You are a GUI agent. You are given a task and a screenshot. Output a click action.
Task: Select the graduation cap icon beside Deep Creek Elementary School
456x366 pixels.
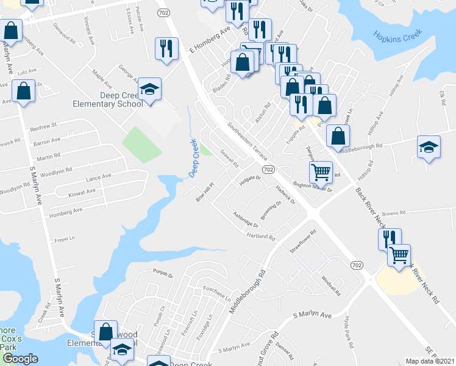point(149,90)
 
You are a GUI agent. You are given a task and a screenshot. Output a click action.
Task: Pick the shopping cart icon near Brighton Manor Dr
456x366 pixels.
point(321,171)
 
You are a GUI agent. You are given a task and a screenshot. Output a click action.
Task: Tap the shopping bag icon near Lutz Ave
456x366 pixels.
point(23,91)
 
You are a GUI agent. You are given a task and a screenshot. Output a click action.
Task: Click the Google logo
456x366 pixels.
point(20,359)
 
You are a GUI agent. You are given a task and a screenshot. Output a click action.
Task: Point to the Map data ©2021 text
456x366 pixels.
point(429,361)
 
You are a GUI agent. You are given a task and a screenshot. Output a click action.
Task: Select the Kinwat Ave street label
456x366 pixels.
point(82,192)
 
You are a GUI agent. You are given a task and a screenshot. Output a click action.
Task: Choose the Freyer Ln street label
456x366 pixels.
point(64,239)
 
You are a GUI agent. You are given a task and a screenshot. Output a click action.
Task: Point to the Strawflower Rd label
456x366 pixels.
point(304,242)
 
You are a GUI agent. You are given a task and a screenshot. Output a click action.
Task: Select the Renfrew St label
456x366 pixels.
point(43,126)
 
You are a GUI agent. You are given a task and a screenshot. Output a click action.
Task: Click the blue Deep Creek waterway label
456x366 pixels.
point(194,157)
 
